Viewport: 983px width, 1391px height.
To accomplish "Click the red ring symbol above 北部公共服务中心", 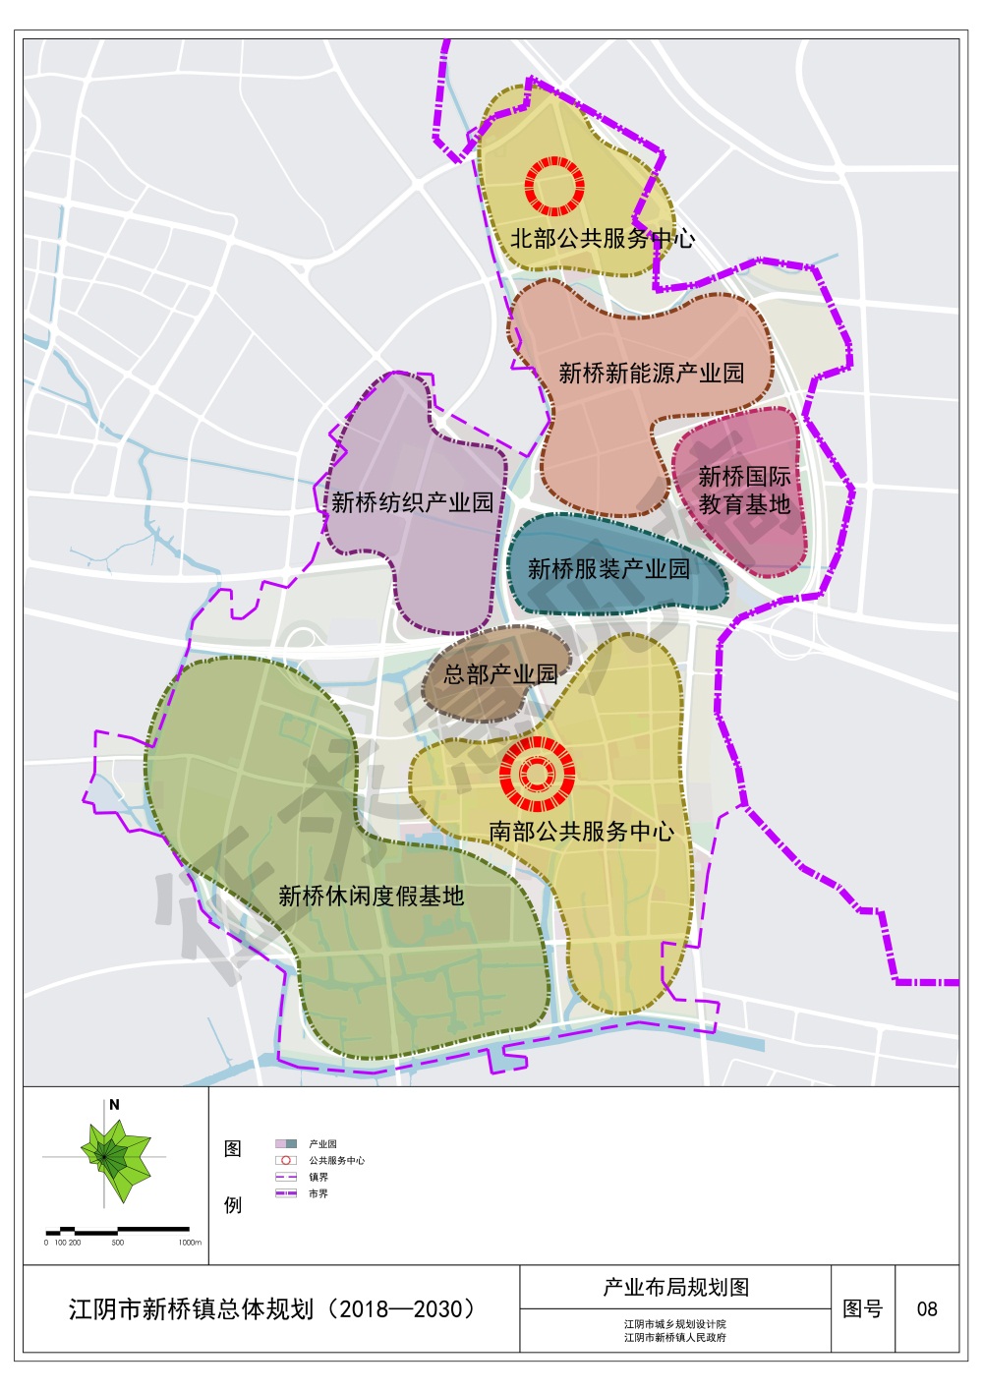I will coord(554,186).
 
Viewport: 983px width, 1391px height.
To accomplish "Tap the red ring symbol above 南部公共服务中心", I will coord(537,775).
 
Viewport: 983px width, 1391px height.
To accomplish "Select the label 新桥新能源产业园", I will coord(652,374).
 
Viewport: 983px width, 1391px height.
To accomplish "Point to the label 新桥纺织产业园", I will coord(413,502).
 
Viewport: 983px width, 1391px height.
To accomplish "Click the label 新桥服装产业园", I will coord(608,568).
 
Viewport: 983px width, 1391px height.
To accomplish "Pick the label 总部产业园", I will coord(500,674).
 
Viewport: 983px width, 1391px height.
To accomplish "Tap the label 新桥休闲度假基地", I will coord(371,896).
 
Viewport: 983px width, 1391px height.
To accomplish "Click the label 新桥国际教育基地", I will coord(744,491).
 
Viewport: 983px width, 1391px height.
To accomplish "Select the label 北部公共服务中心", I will coord(602,238).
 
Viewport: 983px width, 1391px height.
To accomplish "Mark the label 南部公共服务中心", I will coord(582,832).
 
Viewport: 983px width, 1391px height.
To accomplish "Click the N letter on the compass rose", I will coord(114,1105).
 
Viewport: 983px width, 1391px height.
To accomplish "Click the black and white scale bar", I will coord(118,1230).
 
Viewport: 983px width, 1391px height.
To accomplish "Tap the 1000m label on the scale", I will coord(190,1243).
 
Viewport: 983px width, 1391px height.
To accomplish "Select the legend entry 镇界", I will coord(318,1177).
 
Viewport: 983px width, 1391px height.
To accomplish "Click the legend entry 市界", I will coord(318,1193).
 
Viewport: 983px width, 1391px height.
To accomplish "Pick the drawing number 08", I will coord(927,1309).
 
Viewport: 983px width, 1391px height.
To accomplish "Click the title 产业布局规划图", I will coord(675,1287).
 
